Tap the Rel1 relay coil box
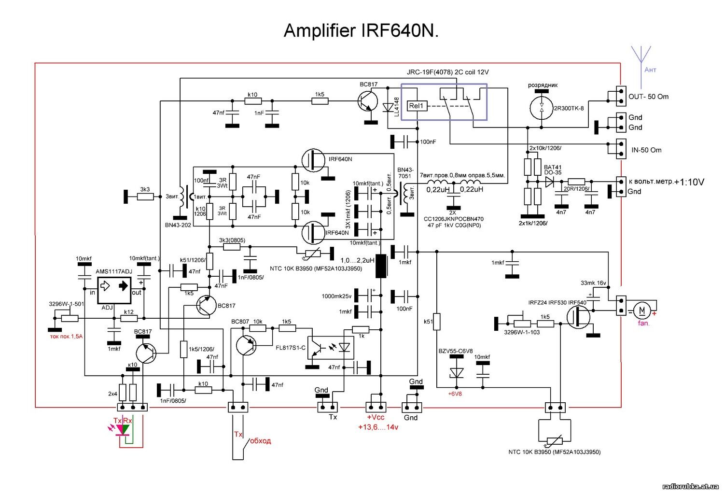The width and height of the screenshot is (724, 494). (x=417, y=106)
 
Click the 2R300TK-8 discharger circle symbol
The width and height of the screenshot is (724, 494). (x=542, y=108)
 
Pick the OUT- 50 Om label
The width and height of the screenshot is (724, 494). (x=648, y=97)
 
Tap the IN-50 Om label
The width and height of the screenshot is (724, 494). (x=646, y=150)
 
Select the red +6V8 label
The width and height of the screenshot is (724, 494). (x=455, y=394)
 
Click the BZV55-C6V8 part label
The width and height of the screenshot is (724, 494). (x=455, y=351)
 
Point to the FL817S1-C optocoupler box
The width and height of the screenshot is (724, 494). (x=331, y=347)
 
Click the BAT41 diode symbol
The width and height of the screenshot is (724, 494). (x=549, y=182)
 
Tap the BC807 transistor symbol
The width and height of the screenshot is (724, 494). (x=247, y=345)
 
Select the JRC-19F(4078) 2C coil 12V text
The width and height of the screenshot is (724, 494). (x=447, y=72)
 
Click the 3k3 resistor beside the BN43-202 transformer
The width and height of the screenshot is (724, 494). (x=145, y=197)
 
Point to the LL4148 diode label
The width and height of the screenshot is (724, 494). (x=397, y=107)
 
